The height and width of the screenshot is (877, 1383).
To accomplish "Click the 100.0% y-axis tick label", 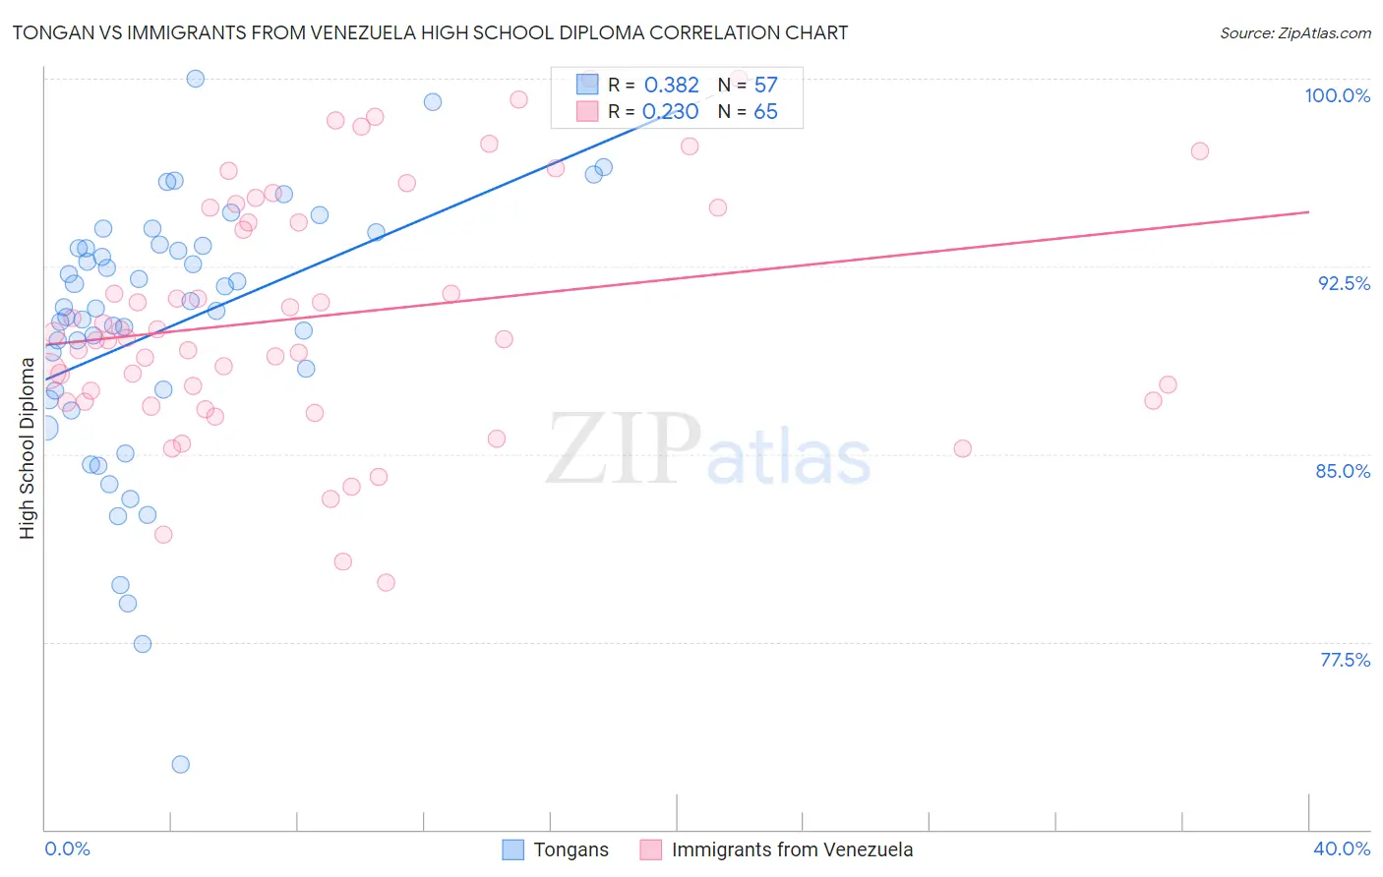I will [x=1337, y=95].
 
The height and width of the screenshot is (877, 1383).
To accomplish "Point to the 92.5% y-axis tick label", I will [x=1344, y=283].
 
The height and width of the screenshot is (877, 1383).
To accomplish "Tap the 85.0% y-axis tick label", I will [x=1343, y=471].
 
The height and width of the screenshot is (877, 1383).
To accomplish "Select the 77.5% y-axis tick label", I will [x=1345, y=660].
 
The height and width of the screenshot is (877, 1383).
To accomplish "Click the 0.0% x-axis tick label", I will [x=67, y=848].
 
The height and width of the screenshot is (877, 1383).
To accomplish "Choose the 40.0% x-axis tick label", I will [x=1341, y=848].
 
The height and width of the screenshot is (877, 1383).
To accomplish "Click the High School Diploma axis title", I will [x=28, y=448].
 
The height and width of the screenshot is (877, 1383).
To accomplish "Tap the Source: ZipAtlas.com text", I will [x=1294, y=33].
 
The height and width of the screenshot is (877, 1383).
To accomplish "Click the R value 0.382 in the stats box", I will [x=671, y=86].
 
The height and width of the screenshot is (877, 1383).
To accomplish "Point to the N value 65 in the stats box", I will [x=765, y=112].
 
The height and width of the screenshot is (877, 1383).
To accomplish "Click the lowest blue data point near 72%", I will [x=180, y=764].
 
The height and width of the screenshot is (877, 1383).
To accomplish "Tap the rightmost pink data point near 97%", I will [x=1199, y=151].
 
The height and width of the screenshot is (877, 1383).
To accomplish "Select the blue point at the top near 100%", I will [x=196, y=79].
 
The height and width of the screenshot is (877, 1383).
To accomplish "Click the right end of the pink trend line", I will [x=1308, y=211].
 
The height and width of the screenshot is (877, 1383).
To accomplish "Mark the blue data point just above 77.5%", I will [x=143, y=644].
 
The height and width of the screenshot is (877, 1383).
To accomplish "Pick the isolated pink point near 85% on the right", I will [x=962, y=448].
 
